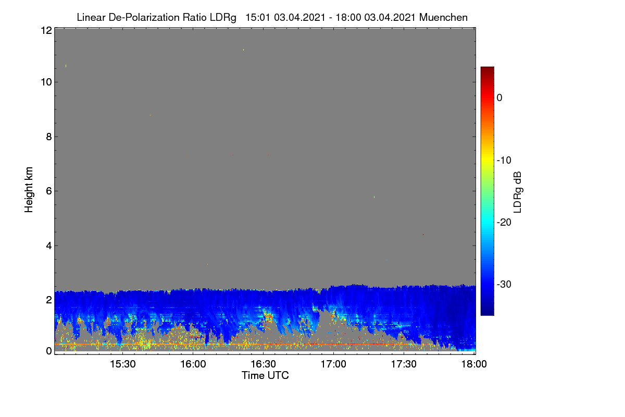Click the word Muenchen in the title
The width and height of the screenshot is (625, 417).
[443, 17]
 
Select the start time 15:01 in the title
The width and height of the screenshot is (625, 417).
[258, 17]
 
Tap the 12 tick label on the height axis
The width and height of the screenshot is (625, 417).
[46, 30]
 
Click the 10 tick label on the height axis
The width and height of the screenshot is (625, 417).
[46, 82]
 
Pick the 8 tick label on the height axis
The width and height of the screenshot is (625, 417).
[49, 137]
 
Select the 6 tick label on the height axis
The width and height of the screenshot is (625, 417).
[49, 191]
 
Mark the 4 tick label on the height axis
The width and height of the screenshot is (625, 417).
[49, 246]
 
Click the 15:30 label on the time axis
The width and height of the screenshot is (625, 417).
[123, 364]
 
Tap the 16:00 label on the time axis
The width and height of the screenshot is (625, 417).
[193, 364]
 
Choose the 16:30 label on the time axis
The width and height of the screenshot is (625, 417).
[263, 364]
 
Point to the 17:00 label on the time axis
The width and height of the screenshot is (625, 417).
[333, 364]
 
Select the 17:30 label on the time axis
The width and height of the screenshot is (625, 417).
[404, 364]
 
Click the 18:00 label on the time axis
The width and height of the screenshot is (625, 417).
[474, 364]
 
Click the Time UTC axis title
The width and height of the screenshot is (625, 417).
[265, 375]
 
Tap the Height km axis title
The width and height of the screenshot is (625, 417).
[29, 190]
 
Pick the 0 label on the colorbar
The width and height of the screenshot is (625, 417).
[499, 98]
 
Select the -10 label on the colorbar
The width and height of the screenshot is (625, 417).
[504, 161]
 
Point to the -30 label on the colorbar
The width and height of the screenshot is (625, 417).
[504, 284]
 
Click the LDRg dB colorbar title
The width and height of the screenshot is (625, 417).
[518, 192]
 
